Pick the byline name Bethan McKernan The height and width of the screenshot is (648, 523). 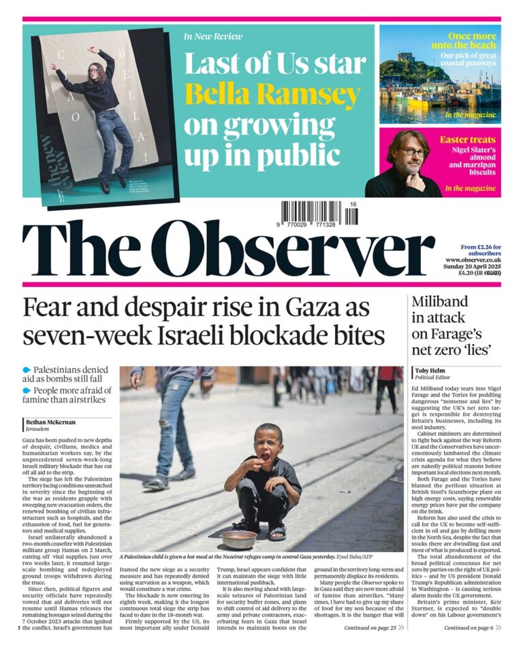pos(53,422)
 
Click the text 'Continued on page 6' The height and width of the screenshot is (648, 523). pos(469,628)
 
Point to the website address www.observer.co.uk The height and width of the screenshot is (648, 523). pos(473,260)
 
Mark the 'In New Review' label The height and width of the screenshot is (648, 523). pos(212,37)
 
